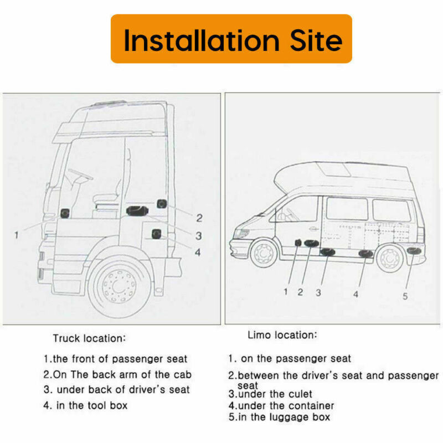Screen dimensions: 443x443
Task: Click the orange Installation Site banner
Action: [231, 39]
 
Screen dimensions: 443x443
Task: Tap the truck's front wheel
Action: [119, 286]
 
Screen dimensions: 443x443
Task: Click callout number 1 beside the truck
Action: [17, 235]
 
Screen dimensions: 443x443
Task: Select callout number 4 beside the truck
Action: [198, 253]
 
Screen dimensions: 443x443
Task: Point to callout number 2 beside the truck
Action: [199, 218]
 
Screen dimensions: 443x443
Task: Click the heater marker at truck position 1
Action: [65, 213]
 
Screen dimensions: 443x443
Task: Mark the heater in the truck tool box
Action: [156, 234]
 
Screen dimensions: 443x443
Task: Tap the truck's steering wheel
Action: [80, 174]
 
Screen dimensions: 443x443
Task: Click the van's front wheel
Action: [264, 254]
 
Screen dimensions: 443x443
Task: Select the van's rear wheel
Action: [390, 259]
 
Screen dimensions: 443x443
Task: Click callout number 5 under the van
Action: [405, 296]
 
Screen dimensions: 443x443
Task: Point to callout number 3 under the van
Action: [318, 293]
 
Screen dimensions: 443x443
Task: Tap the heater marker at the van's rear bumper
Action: [414, 251]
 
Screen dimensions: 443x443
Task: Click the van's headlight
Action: [241, 233]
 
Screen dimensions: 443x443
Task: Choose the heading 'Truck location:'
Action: [89, 338]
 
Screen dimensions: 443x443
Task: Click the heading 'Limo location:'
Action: [282, 335]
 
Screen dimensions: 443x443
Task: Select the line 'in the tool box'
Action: [92, 405]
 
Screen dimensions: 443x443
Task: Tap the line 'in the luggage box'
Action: [284, 417]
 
